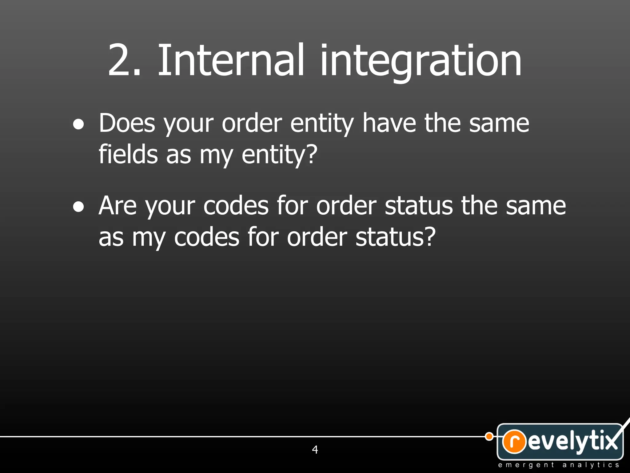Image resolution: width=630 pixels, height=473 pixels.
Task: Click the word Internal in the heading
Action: click(x=231, y=60)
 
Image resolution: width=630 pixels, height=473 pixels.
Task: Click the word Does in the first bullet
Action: click(x=127, y=123)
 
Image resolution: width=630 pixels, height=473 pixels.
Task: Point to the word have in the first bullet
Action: click(x=389, y=123)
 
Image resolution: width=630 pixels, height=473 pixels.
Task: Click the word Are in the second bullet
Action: click(x=118, y=206)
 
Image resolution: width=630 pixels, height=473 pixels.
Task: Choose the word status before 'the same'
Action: click(x=419, y=206)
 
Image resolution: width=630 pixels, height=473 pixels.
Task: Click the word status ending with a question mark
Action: click(x=395, y=237)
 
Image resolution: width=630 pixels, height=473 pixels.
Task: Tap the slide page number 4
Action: click(x=315, y=450)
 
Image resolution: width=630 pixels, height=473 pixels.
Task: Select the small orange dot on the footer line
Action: click(x=489, y=436)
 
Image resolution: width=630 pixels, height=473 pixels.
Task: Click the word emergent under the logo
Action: click(x=526, y=465)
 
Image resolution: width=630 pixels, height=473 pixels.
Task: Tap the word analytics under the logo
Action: click(x=591, y=465)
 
